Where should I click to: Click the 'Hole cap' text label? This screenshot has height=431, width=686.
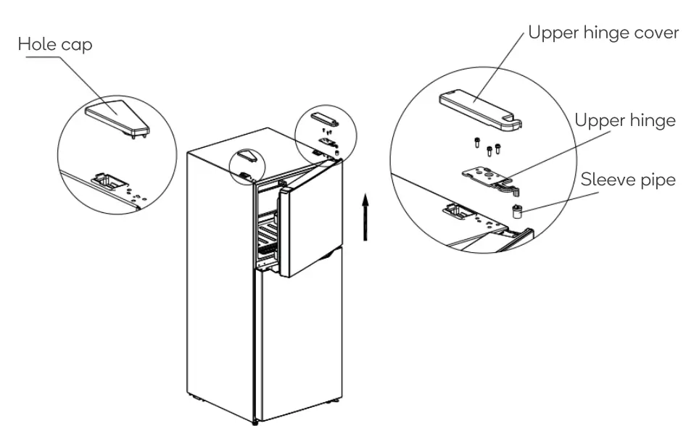[x=55, y=45]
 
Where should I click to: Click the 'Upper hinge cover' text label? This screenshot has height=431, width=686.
[x=603, y=34]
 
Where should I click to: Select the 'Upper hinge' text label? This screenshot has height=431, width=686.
[x=625, y=120]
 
